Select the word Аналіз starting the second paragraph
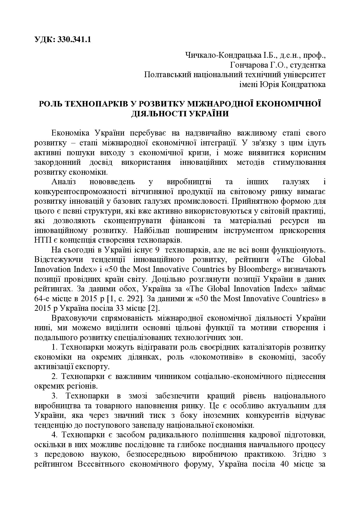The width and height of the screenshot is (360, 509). (64, 182)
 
